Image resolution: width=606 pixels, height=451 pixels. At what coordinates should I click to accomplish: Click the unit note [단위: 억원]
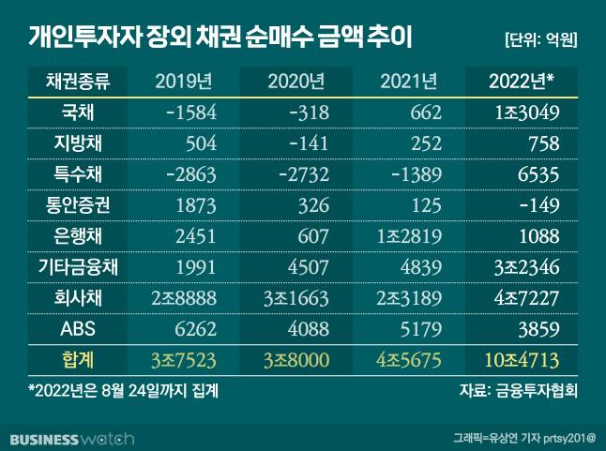(x=539, y=39)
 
